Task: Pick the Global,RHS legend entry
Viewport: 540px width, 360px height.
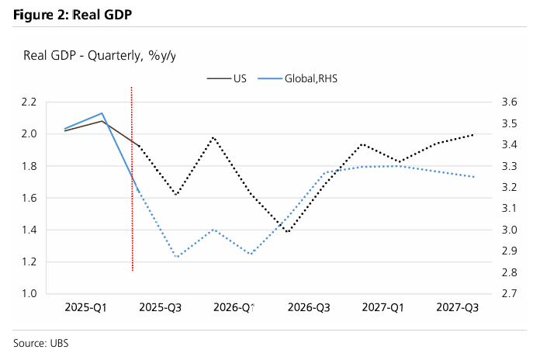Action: pyautogui.click(x=307, y=78)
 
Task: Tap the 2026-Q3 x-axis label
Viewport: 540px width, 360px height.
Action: pyautogui.click(x=309, y=308)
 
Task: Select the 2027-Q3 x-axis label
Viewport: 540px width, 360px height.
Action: pyautogui.click(x=458, y=308)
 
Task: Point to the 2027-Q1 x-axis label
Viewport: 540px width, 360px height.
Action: pyautogui.click(x=383, y=308)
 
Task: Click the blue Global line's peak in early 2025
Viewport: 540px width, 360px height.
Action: pyautogui.click(x=102, y=113)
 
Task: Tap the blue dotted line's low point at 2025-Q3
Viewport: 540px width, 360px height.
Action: pyautogui.click(x=177, y=257)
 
